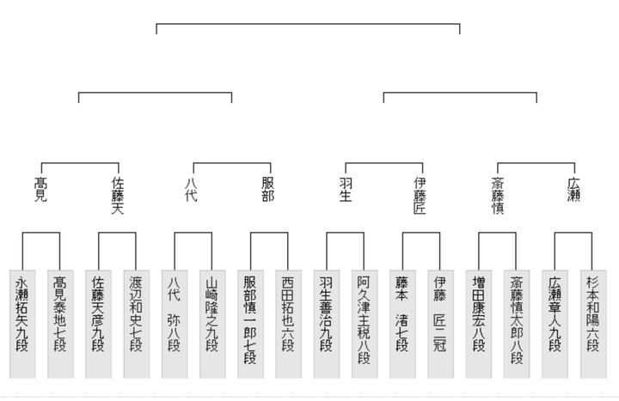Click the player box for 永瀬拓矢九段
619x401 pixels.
(x=22, y=324)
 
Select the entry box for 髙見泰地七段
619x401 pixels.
(x=60, y=324)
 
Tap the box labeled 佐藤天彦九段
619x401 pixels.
(x=99, y=324)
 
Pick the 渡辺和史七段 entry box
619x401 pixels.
(x=137, y=324)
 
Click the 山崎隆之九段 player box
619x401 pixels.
(x=212, y=324)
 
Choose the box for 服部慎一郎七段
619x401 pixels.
(x=251, y=324)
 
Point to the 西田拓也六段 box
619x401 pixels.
(x=289, y=324)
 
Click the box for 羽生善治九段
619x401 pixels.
(x=327, y=324)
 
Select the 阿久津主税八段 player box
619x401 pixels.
(x=365, y=324)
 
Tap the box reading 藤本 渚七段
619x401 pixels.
(x=402, y=324)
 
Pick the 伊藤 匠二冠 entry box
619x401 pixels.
(x=440, y=324)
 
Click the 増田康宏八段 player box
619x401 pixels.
(x=479, y=324)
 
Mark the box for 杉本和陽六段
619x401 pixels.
(x=593, y=324)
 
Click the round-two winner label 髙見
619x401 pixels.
(x=40, y=190)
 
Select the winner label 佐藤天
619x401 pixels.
(x=118, y=196)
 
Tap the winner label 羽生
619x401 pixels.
(x=346, y=190)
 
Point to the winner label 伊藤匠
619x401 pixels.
(x=420, y=196)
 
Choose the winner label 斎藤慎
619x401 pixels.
(x=498, y=196)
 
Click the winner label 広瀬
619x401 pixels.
(x=573, y=190)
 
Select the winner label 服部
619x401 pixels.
(x=268, y=190)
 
